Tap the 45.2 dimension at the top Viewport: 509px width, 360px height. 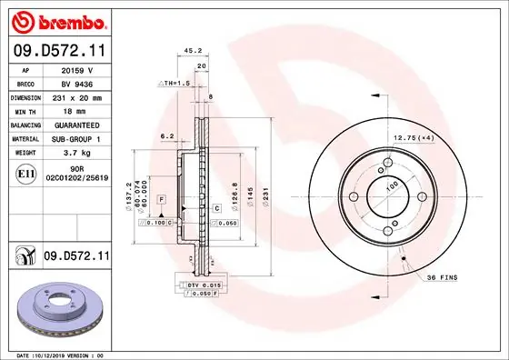[193, 52]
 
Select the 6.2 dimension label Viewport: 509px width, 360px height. [166, 135]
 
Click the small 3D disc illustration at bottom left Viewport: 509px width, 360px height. [57, 306]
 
